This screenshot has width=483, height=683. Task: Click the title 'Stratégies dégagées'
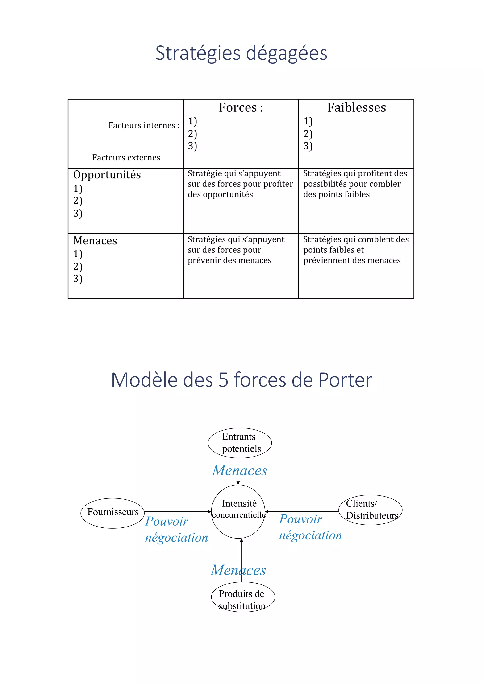(x=241, y=53)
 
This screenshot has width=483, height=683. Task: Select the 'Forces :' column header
(x=241, y=107)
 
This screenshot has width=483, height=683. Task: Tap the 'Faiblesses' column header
(x=356, y=107)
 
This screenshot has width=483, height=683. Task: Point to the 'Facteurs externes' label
(x=126, y=157)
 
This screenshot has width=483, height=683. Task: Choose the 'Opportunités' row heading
(x=107, y=175)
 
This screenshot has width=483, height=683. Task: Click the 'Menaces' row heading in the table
(x=95, y=240)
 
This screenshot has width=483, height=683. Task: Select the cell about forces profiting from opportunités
(x=240, y=184)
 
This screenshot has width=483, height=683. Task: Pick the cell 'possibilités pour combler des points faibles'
(x=355, y=184)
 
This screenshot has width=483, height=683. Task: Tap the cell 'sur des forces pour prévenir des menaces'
(x=236, y=250)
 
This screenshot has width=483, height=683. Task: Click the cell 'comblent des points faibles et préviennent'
(x=356, y=250)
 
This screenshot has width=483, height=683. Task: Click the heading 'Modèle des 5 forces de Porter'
(x=241, y=380)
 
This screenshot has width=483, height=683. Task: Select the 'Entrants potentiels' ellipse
(x=240, y=443)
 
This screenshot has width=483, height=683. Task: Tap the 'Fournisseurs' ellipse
(x=112, y=512)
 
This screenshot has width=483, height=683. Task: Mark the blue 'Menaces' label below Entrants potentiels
(x=240, y=470)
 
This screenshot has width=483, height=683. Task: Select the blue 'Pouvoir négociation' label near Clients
(x=310, y=527)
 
